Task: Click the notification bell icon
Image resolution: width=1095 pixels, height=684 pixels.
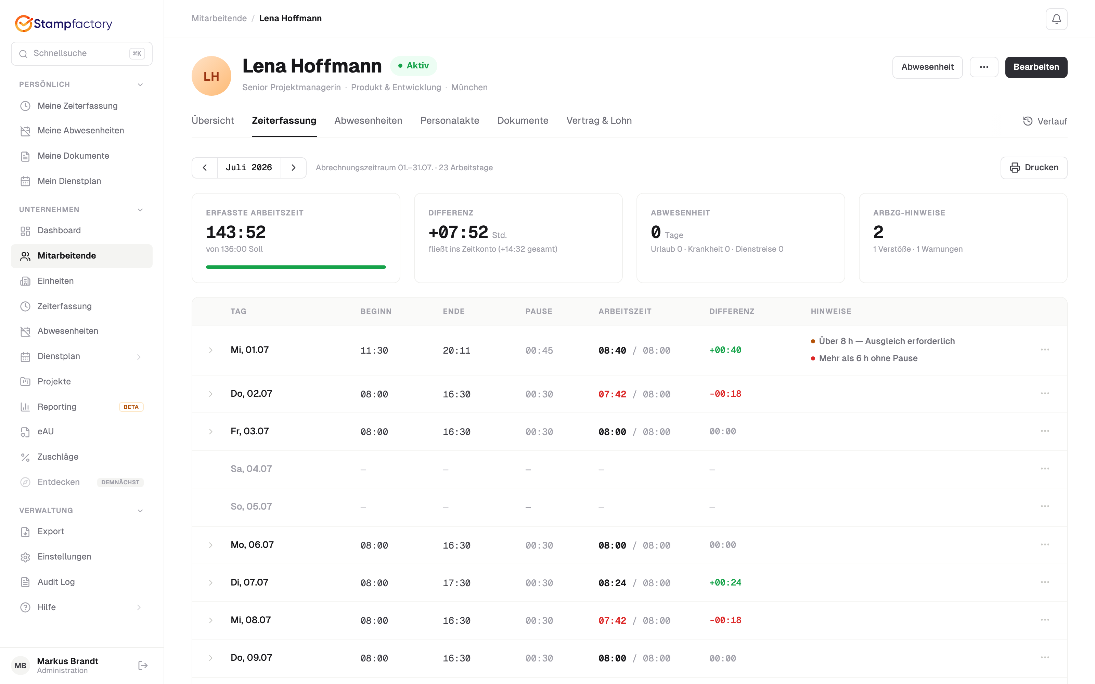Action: (1056, 19)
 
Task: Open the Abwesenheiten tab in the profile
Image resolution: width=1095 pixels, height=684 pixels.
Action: (368, 120)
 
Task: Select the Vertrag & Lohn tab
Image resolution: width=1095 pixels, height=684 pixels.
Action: (598, 120)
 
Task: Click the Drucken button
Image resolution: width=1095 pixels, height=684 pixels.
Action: (1033, 167)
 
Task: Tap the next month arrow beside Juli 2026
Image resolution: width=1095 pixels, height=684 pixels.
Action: (293, 167)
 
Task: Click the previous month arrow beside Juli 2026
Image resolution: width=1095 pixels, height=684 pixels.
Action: (205, 167)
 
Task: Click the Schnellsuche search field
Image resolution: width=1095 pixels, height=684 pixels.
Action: (81, 53)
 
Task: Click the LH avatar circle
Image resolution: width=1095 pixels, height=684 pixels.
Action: (211, 76)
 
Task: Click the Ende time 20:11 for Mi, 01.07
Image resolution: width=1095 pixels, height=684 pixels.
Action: (456, 350)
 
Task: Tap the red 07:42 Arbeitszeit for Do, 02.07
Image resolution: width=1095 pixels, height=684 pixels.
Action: (612, 394)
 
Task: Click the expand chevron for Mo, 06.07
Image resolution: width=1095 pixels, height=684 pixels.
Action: (210, 545)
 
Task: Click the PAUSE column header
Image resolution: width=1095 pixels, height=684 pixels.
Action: (539, 311)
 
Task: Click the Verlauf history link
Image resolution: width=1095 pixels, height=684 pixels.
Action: (1044, 121)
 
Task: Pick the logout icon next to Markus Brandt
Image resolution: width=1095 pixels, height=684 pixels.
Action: (143, 666)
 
